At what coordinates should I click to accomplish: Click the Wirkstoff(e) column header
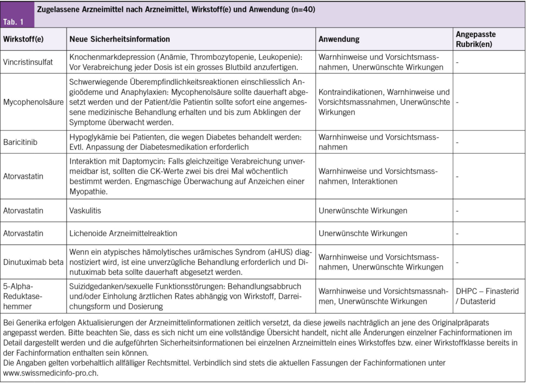tap(24, 39)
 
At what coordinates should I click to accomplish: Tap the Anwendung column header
tap(339, 39)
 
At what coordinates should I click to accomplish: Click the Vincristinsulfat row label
tap(28, 62)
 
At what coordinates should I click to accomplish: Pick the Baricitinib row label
tap(20, 142)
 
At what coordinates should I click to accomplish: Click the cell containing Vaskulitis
tap(85, 210)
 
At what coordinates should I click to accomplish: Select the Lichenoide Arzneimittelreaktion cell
tap(123, 233)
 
